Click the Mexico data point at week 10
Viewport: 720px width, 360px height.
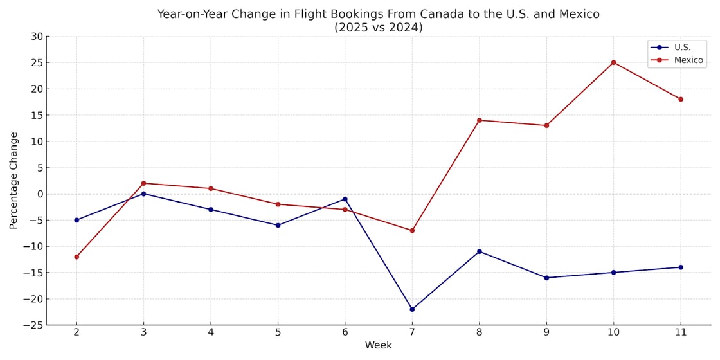click(x=613, y=62)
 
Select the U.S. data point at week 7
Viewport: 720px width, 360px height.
click(x=412, y=309)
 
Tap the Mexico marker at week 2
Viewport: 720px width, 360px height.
click(x=76, y=256)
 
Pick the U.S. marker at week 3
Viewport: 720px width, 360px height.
click(x=143, y=194)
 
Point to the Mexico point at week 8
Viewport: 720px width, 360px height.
click(x=479, y=120)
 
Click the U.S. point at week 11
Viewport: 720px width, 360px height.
click(x=680, y=267)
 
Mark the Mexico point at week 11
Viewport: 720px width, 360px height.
click(x=680, y=99)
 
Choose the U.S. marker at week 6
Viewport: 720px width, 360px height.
click(x=345, y=199)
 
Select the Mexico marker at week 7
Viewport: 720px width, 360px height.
click(x=412, y=230)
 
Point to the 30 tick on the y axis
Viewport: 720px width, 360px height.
click(x=36, y=37)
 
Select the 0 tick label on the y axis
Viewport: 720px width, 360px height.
click(x=39, y=194)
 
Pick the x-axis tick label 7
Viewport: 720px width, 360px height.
click(x=412, y=332)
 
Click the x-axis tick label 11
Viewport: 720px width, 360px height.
click(x=680, y=332)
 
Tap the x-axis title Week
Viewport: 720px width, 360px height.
click(x=378, y=346)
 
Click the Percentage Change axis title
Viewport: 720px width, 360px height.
click(x=14, y=181)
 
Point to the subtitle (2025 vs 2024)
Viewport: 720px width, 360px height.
click(x=378, y=28)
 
